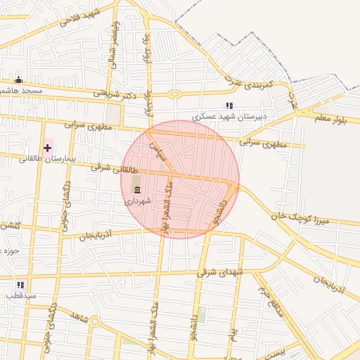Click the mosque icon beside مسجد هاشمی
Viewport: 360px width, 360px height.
click(x=18, y=80)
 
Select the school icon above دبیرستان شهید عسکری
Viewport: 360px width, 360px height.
click(x=229, y=105)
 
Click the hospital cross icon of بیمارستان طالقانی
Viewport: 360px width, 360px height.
click(x=47, y=148)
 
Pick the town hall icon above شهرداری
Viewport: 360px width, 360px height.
click(x=137, y=190)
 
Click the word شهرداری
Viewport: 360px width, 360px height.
click(x=139, y=201)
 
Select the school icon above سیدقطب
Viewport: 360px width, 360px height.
click(x=20, y=285)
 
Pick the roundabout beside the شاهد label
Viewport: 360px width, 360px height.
click(x=95, y=322)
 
